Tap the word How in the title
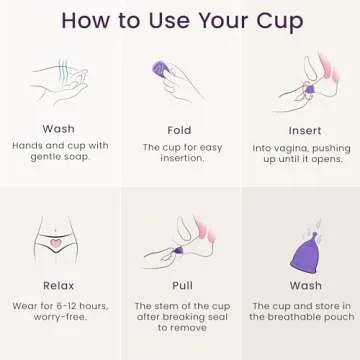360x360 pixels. [89, 20]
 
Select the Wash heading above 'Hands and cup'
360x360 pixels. [58, 129]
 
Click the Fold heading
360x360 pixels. [179, 130]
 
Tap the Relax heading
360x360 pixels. [58, 285]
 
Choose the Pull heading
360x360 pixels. [179, 285]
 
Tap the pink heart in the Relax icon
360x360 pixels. [57, 242]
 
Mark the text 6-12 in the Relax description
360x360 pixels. [69, 305]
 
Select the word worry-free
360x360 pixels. [58, 317]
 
